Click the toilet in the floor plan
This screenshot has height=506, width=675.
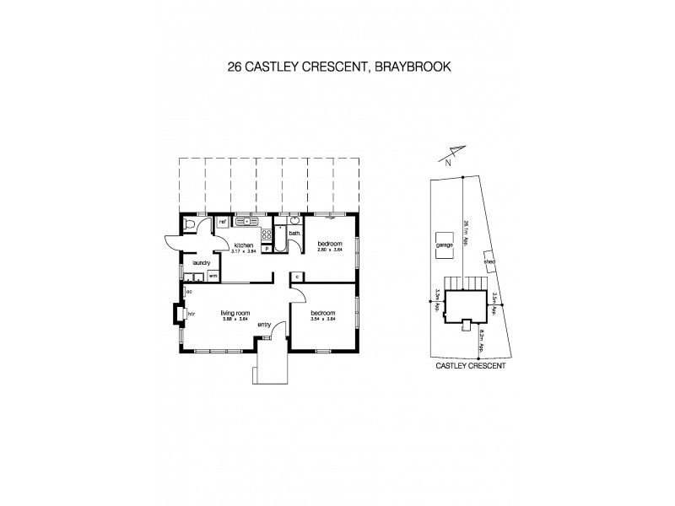[x=190, y=225]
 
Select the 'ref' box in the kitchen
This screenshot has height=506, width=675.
[x=224, y=223]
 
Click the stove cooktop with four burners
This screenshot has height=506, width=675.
[x=266, y=235]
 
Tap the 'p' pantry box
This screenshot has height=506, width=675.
[x=267, y=249]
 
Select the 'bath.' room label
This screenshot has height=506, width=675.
[x=294, y=233]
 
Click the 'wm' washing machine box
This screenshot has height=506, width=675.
[x=213, y=276]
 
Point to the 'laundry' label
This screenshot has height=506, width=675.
[x=201, y=263]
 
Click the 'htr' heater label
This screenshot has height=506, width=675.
[x=192, y=315]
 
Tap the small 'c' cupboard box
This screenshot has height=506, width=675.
[x=298, y=276]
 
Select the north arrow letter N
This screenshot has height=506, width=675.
[x=449, y=164]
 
